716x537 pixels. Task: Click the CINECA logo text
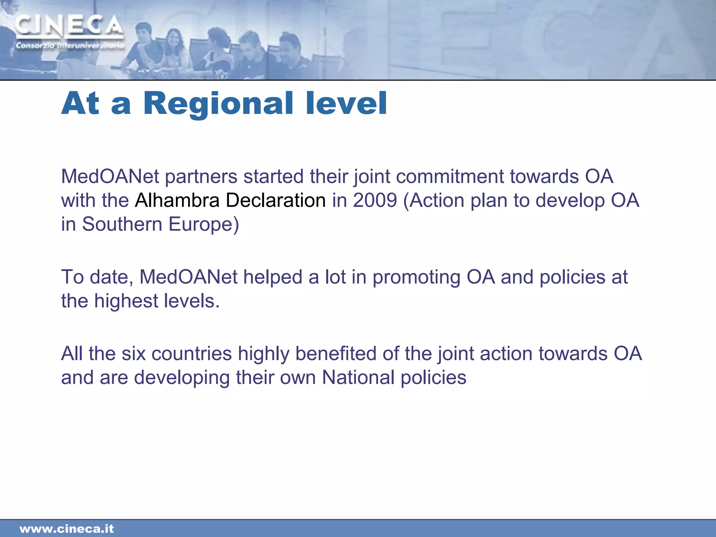[69, 27]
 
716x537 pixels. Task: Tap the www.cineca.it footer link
[67, 529]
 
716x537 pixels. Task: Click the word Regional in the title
[218, 104]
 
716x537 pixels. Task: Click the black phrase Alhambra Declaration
[230, 200]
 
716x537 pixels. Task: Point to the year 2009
[375, 200]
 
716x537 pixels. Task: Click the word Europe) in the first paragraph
[203, 224]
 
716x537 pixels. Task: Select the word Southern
[122, 224]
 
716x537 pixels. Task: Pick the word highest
[126, 301]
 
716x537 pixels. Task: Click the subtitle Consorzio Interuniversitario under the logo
[70, 45]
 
